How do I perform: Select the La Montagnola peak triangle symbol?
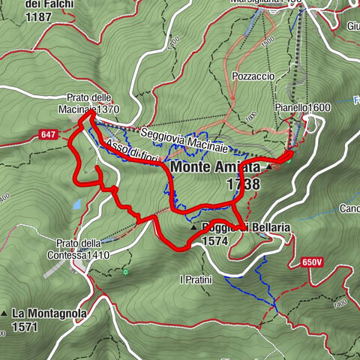coord(4,313)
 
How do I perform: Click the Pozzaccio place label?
coord(253,76)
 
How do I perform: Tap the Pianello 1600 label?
coord(302,108)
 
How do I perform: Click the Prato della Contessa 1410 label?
coord(84,249)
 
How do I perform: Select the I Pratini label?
coord(196,280)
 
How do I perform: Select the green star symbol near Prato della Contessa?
coord(126,271)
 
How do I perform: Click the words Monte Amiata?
coord(216,167)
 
